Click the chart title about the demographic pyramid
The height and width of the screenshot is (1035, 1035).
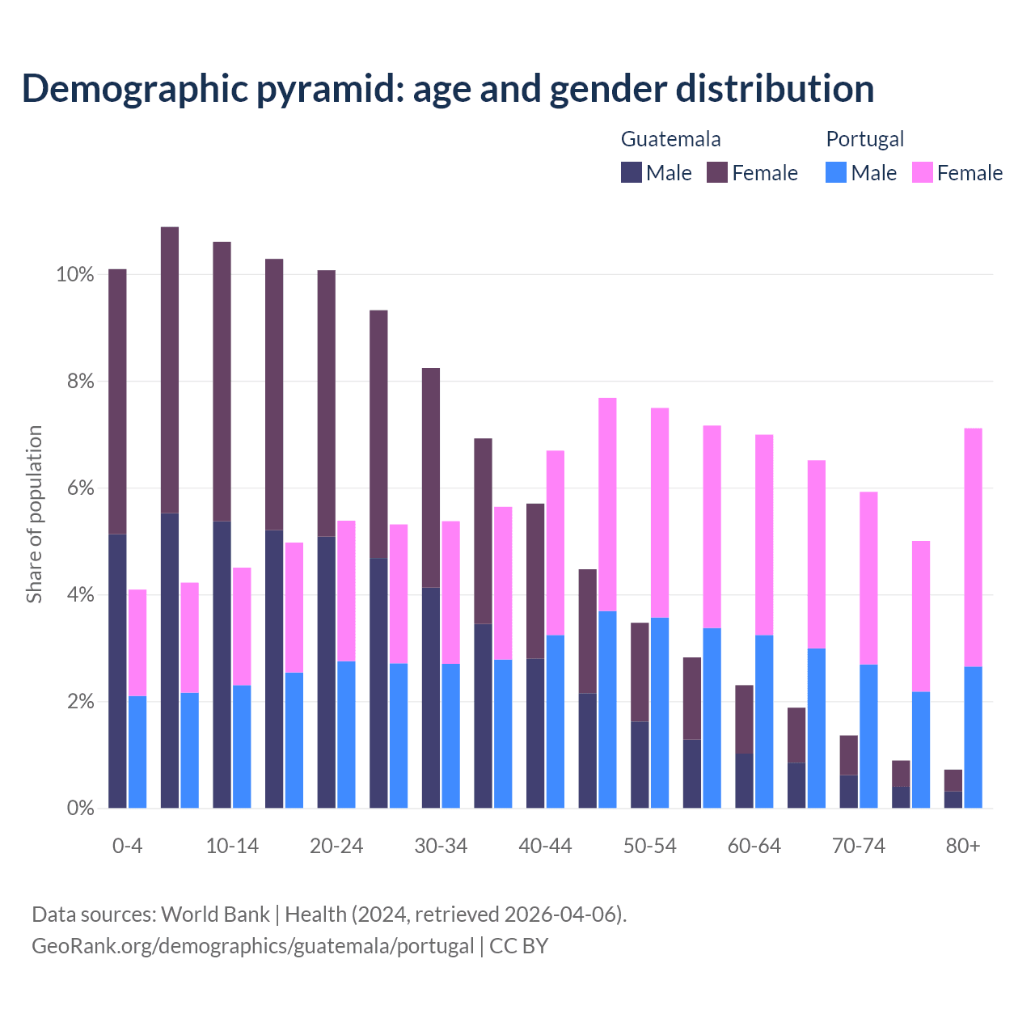[448, 88]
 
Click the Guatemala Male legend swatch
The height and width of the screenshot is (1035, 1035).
[631, 172]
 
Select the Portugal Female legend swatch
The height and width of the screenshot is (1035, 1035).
[922, 172]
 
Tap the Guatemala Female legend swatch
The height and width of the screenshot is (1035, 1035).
[717, 172]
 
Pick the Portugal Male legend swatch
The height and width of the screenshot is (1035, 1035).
[836, 172]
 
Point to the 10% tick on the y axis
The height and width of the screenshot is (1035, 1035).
[74, 275]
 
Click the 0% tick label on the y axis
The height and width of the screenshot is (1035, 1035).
[79, 808]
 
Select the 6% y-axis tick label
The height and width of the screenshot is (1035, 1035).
[79, 488]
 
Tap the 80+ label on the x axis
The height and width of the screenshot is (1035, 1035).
[963, 846]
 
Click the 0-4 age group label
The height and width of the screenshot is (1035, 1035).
[127, 846]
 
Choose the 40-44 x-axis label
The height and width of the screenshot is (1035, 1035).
[545, 846]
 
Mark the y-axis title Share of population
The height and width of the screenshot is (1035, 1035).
[34, 514]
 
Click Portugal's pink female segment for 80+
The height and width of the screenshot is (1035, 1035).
[974, 547]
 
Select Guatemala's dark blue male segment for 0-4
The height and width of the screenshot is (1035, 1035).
[117, 671]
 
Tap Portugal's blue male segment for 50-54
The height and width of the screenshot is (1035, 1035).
[660, 712]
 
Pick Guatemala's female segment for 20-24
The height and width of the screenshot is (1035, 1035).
[327, 403]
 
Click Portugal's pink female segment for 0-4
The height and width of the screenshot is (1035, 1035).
[137, 643]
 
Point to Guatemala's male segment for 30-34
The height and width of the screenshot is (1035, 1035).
[431, 697]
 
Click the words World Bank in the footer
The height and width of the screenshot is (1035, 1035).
[215, 914]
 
